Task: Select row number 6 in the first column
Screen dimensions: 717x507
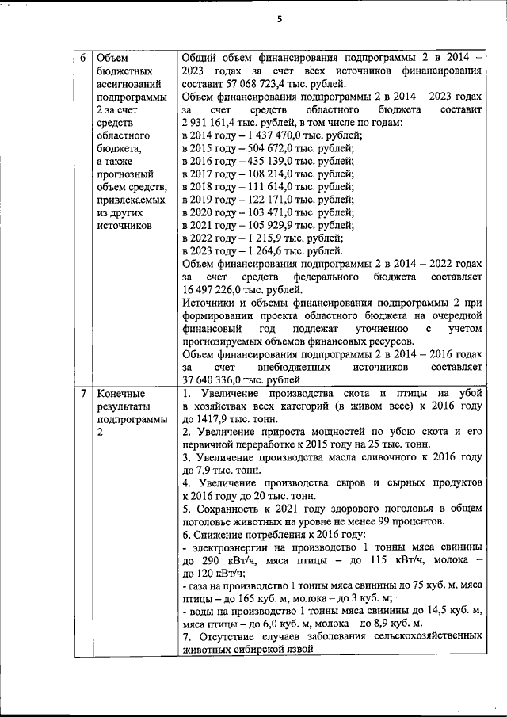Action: tap(83, 58)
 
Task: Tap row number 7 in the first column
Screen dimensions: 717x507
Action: tap(83, 394)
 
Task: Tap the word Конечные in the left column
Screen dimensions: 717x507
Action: tap(119, 394)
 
